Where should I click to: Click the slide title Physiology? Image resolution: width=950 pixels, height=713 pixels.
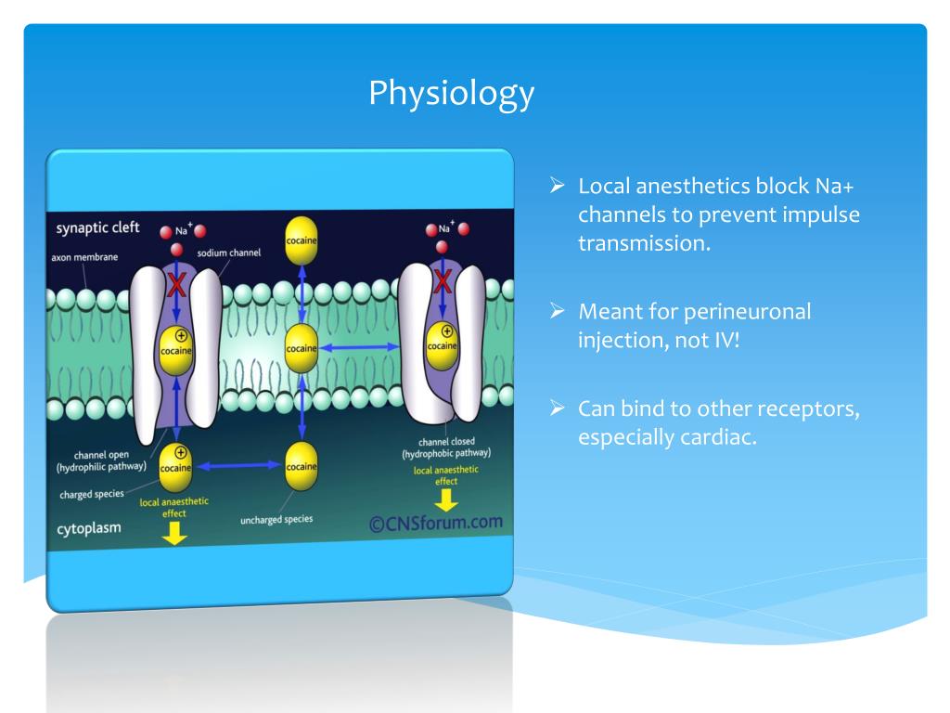coord(452,92)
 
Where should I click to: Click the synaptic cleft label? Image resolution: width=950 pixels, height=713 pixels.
coord(98,228)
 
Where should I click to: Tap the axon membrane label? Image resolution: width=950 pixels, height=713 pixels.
coord(84,257)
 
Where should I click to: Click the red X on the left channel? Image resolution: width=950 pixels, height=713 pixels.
coord(174,284)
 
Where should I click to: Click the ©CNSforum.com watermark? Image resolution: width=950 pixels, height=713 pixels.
coord(435,522)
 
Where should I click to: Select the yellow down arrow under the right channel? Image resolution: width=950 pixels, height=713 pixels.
coord(447,499)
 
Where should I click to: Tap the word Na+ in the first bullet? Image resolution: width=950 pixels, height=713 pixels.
coord(840,186)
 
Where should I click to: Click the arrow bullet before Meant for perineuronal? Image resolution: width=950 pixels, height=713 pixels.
coord(558,312)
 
